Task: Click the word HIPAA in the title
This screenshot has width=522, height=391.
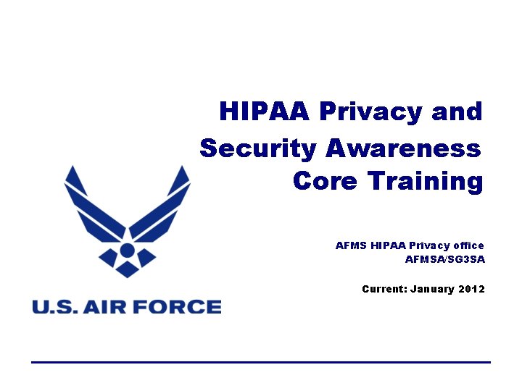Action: click(x=264, y=112)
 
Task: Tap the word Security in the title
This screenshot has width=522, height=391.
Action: click(x=257, y=148)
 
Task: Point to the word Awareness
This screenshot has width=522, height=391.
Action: click(x=402, y=148)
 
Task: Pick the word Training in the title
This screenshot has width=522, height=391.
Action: click(x=425, y=180)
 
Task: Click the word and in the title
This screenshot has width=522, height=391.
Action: click(x=457, y=112)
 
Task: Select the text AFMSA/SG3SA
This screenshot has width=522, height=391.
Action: click(x=444, y=259)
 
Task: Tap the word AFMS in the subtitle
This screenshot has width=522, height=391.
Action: click(x=351, y=245)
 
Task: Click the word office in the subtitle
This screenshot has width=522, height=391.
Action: click(x=468, y=245)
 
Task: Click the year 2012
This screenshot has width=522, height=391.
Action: click(x=472, y=289)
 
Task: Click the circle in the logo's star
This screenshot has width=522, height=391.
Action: click(x=127, y=251)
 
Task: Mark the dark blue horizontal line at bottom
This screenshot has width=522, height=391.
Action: click(x=261, y=361)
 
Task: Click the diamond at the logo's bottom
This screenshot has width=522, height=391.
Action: click(x=127, y=270)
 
